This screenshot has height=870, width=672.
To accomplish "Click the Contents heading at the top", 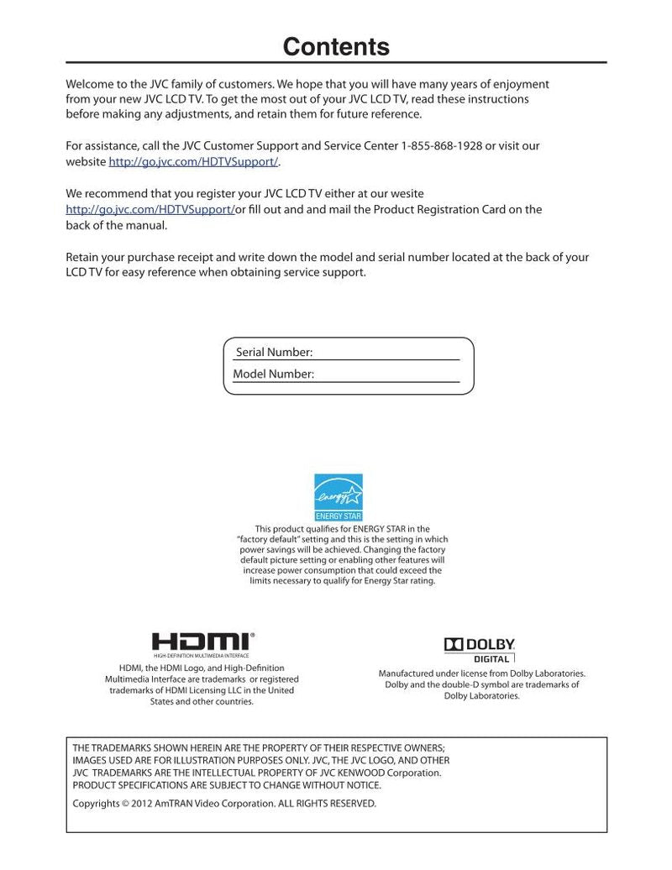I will point(336,46).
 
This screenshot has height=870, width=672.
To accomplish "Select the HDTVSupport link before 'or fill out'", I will point(150,209).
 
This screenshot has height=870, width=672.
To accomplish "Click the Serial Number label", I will point(274,353).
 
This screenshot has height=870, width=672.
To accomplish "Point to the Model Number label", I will point(273,375).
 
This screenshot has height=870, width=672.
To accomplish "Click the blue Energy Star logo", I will point(339,496).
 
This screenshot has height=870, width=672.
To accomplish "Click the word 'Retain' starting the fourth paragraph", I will point(83,258).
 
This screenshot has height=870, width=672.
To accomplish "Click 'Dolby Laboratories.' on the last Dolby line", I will point(482,695).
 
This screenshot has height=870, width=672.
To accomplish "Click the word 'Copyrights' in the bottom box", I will point(96,804).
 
